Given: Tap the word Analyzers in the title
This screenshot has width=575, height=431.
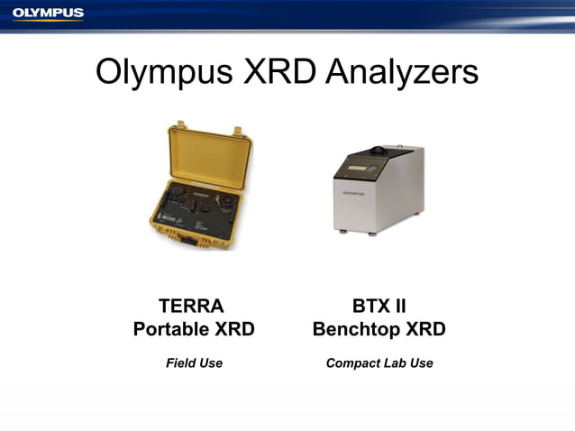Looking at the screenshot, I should pos(400,72).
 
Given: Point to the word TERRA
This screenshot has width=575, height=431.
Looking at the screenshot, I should pos(191,306).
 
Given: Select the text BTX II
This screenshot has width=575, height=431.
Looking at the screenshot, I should pos(379,306).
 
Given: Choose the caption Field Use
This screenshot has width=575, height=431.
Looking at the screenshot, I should pos(194,362).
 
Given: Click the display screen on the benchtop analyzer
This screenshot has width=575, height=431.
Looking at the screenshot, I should pos(354,163).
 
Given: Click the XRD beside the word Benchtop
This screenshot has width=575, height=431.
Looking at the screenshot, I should pos(424,329).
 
